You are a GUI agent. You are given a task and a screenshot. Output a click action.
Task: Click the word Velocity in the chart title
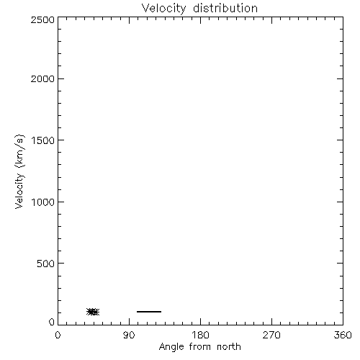(163, 9)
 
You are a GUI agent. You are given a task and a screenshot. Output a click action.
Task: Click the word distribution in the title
(225, 8)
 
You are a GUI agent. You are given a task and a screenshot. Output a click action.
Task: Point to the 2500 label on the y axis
(42, 19)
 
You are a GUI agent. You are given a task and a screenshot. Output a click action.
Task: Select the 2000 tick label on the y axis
(42, 78)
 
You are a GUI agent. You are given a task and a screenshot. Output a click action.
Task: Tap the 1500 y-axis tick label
(43, 140)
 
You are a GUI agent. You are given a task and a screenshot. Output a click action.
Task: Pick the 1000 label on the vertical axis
(43, 202)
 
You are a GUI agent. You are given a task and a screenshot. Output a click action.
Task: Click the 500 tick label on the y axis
(46, 264)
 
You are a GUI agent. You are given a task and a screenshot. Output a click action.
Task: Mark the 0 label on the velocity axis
(52, 322)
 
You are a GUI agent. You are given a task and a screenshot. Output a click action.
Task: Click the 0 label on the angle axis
(58, 335)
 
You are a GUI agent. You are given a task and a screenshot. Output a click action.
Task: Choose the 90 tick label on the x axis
(129, 335)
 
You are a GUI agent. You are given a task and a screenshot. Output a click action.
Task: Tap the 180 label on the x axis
(200, 335)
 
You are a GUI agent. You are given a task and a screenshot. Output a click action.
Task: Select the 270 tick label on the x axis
(271, 335)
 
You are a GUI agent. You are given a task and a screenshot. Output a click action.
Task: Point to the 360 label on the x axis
(343, 335)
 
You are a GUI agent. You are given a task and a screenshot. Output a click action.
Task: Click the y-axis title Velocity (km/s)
(20, 171)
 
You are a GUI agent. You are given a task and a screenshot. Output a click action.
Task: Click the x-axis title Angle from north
(200, 347)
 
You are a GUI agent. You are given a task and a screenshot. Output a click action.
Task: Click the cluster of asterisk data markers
(93, 312)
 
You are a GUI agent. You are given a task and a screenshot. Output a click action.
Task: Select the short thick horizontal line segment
(149, 312)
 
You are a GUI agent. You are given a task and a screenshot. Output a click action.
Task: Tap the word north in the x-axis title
(229, 346)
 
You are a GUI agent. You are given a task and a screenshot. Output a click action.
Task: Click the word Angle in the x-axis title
(171, 347)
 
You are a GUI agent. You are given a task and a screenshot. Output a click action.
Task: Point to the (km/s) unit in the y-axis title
(20, 151)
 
